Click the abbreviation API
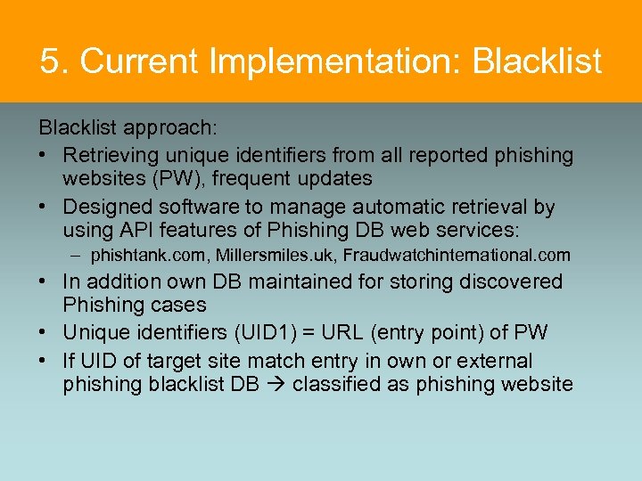(137, 231)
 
